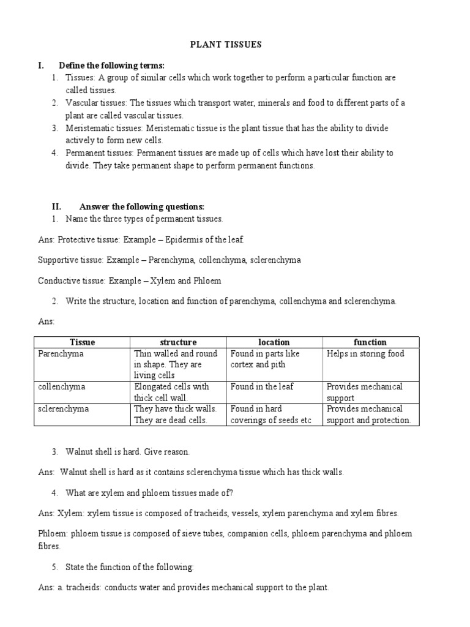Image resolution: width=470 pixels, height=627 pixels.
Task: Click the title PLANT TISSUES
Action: [x=235, y=45]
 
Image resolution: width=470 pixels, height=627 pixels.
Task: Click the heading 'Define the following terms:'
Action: [x=111, y=66]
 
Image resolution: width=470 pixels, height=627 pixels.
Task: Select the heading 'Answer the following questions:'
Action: [x=141, y=206]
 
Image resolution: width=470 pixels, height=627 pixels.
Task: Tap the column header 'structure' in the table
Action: [x=178, y=342]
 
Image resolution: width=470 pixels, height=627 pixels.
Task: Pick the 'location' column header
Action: [x=274, y=342]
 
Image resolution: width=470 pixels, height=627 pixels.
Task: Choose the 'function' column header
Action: [x=370, y=342]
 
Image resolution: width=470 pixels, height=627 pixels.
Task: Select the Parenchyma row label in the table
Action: [x=61, y=354]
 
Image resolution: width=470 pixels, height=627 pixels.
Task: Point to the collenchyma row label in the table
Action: [x=61, y=387]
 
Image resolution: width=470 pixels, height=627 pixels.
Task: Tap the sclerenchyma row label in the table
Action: [x=63, y=409]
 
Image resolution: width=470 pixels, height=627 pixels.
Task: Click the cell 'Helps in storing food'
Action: [x=365, y=354]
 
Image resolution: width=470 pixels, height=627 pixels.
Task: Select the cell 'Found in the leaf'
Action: [x=262, y=387]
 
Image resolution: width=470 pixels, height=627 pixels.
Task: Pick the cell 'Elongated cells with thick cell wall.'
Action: [x=171, y=392]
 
